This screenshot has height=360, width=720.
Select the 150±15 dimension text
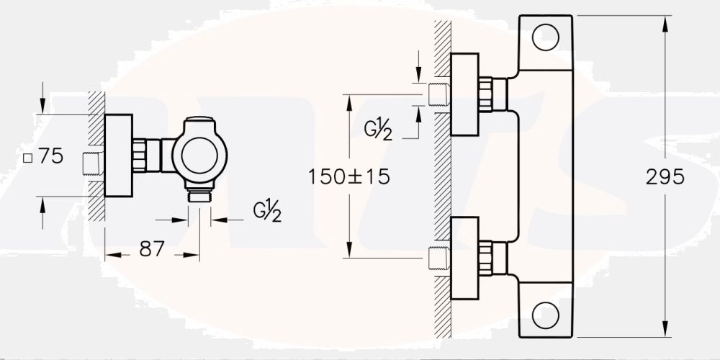(x=348, y=176)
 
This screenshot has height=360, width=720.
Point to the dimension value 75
(x=50, y=156)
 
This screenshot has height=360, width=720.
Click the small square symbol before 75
(x=27, y=158)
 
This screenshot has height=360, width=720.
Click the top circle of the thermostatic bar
(x=545, y=37)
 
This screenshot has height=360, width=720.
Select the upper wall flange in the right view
(x=464, y=94)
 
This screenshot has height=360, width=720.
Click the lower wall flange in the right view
(x=464, y=258)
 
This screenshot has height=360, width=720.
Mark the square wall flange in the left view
(x=119, y=155)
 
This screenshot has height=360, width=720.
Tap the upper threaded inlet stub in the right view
(x=438, y=94)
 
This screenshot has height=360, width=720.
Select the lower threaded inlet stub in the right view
(x=438, y=258)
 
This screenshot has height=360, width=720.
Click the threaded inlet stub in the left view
(x=91, y=163)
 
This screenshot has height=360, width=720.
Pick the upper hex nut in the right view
(x=487, y=94)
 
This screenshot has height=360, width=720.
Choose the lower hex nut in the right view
(x=487, y=258)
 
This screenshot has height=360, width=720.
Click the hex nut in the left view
(x=140, y=155)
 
